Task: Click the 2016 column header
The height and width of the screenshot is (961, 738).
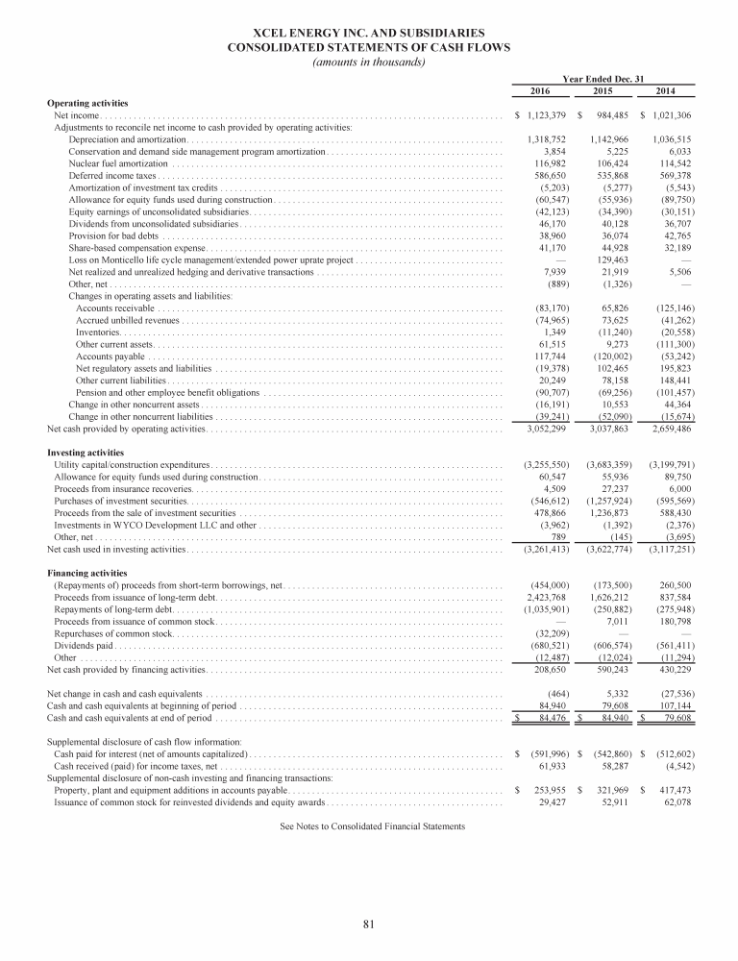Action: (x=546, y=90)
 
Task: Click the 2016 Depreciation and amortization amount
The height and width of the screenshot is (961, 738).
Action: (x=546, y=140)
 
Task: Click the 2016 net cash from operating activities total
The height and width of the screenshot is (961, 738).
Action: (x=545, y=428)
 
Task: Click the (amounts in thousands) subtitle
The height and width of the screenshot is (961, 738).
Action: (x=370, y=62)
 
